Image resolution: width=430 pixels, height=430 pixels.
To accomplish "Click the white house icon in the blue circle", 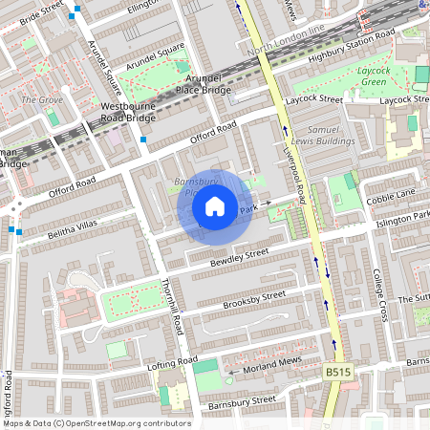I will point(215,205).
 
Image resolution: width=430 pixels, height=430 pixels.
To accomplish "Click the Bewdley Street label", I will point(242,258).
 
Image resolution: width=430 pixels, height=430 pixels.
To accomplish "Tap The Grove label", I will point(41,100).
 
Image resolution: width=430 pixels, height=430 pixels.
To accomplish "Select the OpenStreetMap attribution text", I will point(97,423).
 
